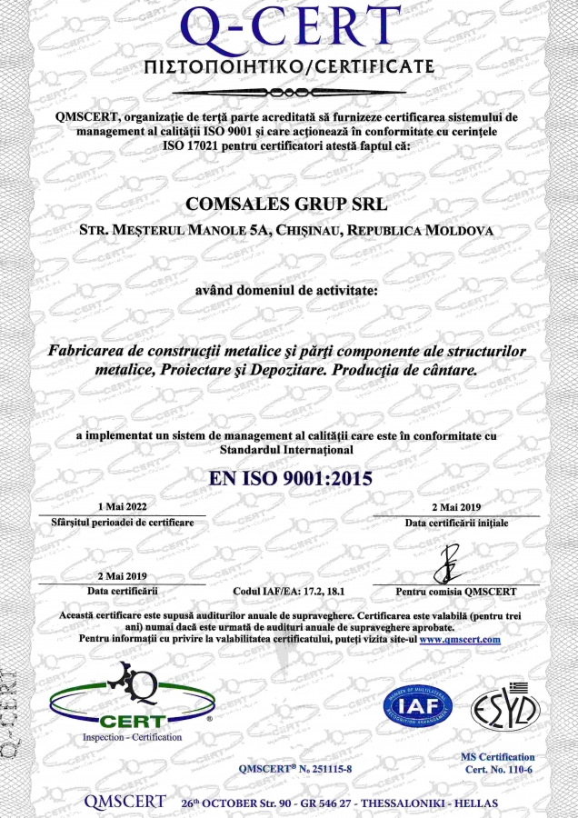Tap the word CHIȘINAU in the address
tap(302, 231)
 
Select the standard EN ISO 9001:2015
tap(290, 477)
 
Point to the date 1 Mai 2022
tap(121, 506)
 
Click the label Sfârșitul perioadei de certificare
tap(122, 524)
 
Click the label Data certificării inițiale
tap(456, 524)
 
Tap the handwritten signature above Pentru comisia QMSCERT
tap(450, 564)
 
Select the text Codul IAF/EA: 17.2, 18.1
tap(289, 591)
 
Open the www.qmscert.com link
tap(460, 639)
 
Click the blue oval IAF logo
tap(420, 703)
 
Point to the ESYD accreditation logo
tap(505, 704)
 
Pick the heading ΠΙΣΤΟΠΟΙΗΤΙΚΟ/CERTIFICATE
tap(289, 69)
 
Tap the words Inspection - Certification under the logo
tap(132, 737)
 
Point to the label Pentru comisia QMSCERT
tap(456, 591)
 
